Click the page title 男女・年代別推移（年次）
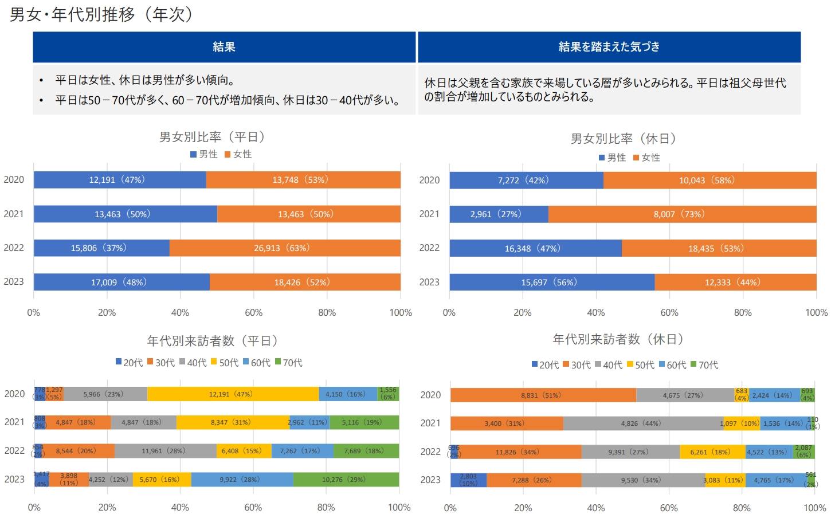coord(102,14)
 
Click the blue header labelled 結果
coord(224,47)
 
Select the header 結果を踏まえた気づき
coord(609,47)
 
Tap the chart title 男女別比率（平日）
coord(212,137)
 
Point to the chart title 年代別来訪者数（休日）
coord(618,339)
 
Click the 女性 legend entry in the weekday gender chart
coord(238,154)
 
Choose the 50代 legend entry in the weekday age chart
coord(225,363)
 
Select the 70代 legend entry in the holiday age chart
coord(704,365)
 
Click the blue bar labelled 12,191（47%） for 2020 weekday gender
coord(119,180)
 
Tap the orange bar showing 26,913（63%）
coord(284,248)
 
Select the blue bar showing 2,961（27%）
coord(498,214)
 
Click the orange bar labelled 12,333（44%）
coord(735,282)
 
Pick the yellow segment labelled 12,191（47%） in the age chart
coord(232,394)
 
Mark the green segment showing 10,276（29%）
coord(346,480)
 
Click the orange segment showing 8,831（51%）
coord(542,395)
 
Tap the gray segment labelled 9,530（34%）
coord(642,480)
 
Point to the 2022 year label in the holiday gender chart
coord(429,248)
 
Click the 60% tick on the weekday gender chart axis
coord(253,313)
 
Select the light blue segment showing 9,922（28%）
coord(241,480)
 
